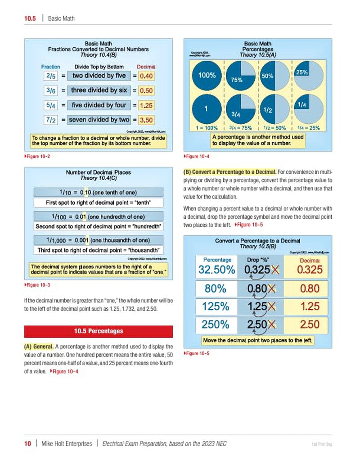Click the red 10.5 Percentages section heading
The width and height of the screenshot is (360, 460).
[x=98, y=331]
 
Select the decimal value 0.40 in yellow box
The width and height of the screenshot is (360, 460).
[x=146, y=76]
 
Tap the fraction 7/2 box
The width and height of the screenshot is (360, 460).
[x=50, y=120]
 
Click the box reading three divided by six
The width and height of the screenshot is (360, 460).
[x=99, y=90]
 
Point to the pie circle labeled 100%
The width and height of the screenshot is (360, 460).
[x=207, y=76]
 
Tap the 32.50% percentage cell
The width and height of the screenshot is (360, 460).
[x=216, y=270]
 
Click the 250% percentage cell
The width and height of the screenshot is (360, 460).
[x=216, y=324]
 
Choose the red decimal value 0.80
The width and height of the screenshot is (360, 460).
[x=310, y=289]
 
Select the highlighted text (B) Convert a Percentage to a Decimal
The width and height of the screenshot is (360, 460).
[x=229, y=171]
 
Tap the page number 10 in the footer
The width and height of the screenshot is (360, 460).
[x=28, y=444]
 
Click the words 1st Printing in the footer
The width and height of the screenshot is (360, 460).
[x=321, y=444]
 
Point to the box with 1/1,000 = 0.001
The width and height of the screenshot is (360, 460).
[x=99, y=240]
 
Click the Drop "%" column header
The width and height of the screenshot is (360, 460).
[x=259, y=260]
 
